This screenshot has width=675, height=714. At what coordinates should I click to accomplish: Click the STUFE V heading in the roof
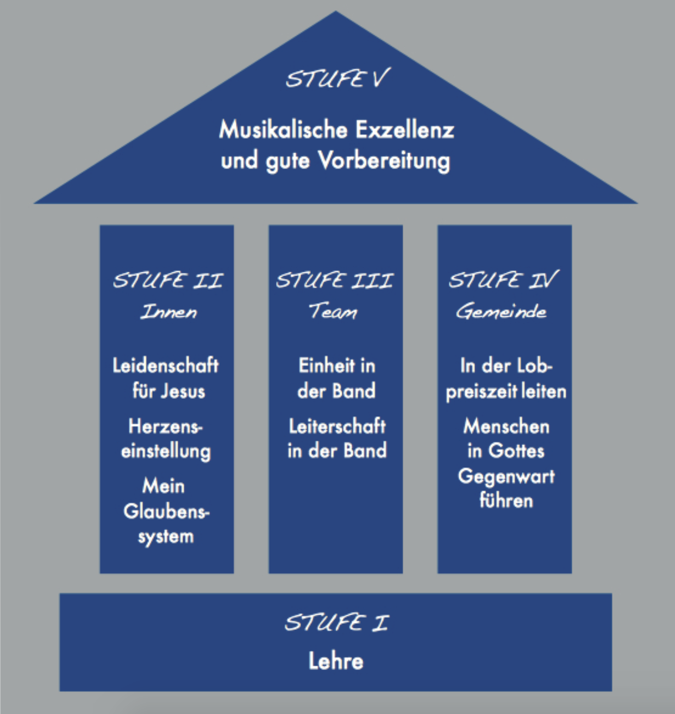(x=337, y=79)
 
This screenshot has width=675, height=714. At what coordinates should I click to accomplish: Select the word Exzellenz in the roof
(x=405, y=130)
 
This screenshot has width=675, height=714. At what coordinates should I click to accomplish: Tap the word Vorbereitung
(x=384, y=161)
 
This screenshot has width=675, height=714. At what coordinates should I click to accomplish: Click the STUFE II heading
(x=168, y=280)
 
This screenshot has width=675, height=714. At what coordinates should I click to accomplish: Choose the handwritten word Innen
(x=168, y=311)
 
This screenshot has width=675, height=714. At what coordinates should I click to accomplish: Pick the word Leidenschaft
(x=166, y=365)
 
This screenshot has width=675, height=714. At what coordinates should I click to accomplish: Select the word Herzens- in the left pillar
(x=165, y=427)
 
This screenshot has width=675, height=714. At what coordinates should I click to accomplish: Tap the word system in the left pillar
(x=166, y=537)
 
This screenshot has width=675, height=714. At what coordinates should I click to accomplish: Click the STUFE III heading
(x=334, y=280)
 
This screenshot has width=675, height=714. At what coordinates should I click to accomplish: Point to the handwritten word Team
(x=333, y=311)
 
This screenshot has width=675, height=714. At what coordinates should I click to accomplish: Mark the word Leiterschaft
(x=337, y=427)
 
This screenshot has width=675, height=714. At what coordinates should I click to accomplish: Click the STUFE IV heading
(x=503, y=280)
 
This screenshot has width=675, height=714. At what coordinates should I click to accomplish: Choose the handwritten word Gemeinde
(x=501, y=311)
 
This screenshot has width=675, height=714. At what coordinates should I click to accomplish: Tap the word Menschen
(x=506, y=427)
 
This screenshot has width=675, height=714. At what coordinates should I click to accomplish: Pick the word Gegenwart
(x=506, y=477)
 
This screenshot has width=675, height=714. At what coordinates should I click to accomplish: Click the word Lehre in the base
(x=336, y=661)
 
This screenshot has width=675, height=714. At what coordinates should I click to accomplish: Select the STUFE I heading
(x=336, y=623)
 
